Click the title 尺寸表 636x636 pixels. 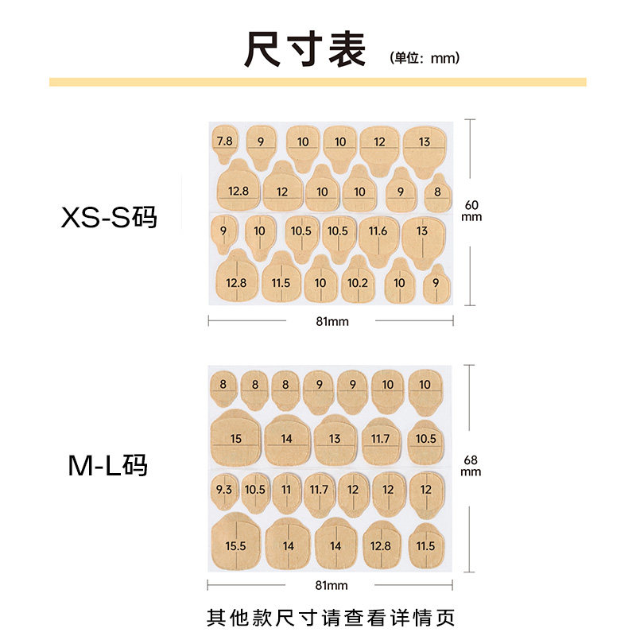305,50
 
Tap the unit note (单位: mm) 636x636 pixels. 425,58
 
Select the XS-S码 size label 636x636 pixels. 110,217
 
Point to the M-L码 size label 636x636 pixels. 107,466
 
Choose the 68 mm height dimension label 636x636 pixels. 471,466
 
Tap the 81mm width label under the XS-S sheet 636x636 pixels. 332,321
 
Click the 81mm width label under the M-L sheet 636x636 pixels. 332,586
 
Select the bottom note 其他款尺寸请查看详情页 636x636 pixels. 331,617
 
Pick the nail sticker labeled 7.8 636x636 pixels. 225,142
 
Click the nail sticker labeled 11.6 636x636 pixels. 378,232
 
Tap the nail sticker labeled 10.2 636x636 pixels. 358,283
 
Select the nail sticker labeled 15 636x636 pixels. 236,439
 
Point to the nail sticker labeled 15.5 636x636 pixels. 236,545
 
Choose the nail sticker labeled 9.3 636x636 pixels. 223,490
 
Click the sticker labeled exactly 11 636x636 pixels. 286,490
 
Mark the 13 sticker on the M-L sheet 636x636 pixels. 335,439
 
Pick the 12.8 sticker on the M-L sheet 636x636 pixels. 381,545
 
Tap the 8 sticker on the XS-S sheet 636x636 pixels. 437,192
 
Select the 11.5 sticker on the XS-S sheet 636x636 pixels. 281,282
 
